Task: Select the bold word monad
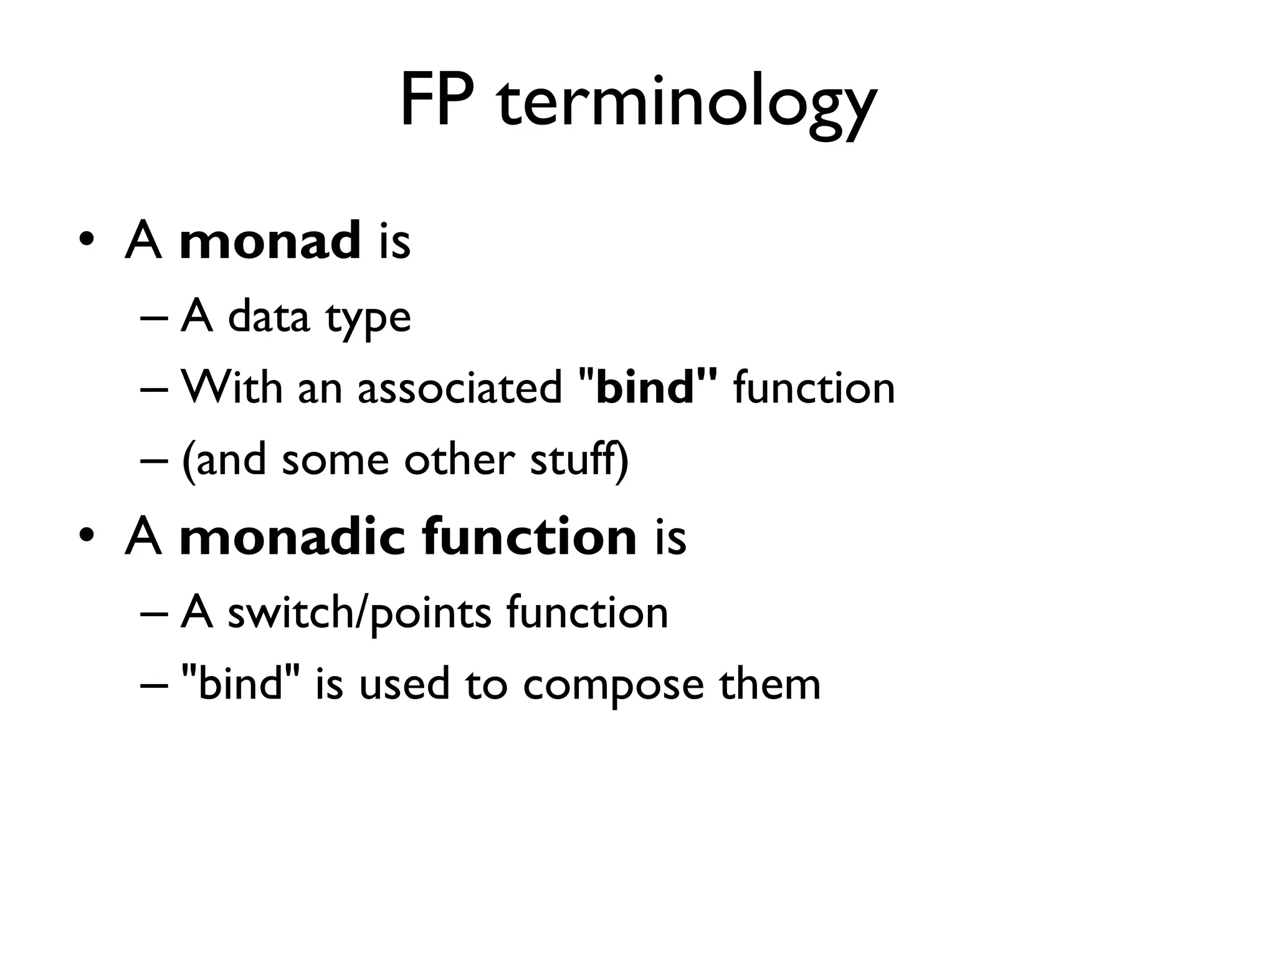(x=270, y=241)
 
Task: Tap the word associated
(x=460, y=388)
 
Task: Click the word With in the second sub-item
(x=231, y=388)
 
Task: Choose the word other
(x=459, y=460)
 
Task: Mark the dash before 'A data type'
(x=154, y=318)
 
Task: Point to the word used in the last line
(x=404, y=684)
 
